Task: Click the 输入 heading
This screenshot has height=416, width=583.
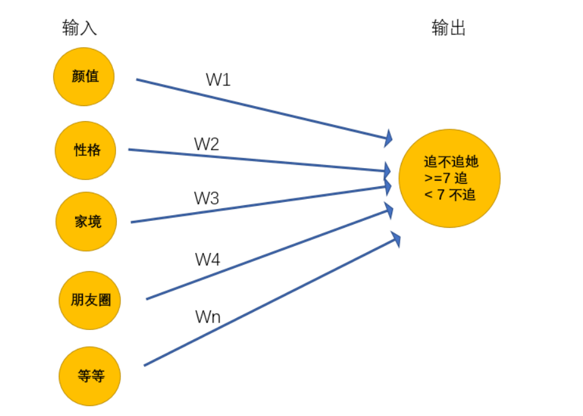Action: tap(80, 28)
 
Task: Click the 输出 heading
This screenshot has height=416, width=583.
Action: tap(449, 28)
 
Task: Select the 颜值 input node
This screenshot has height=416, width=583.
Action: tap(85, 77)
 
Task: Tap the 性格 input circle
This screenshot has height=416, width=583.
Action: tap(87, 151)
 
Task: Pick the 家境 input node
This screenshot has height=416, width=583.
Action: tap(87, 221)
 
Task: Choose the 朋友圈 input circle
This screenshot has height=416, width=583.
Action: tap(90, 300)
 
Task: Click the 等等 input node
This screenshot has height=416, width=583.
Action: tap(90, 376)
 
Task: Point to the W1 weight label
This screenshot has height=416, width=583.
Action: tap(218, 80)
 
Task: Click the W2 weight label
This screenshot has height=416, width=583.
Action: tap(206, 144)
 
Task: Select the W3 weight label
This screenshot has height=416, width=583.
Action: tap(206, 198)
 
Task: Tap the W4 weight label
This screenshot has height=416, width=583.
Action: tap(208, 259)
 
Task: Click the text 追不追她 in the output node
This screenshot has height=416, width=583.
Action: tap(451, 162)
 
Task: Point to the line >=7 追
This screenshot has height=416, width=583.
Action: tap(446, 178)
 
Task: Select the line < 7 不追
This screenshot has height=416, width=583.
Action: tap(449, 195)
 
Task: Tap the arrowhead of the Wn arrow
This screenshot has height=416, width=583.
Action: tap(395, 239)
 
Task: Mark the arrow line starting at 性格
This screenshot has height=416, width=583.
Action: tap(251, 159)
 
